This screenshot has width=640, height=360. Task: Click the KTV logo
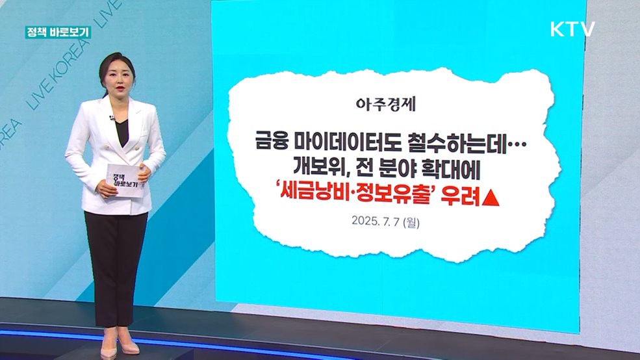(x=572, y=29)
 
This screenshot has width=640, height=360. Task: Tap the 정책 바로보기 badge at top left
(x=58, y=32)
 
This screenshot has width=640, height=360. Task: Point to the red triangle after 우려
(x=492, y=193)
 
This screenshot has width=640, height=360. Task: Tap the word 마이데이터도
(x=345, y=141)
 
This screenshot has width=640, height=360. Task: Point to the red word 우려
(x=457, y=193)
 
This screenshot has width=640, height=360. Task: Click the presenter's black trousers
(x=116, y=260)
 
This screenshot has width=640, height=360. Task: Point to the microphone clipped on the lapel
(x=112, y=118)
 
